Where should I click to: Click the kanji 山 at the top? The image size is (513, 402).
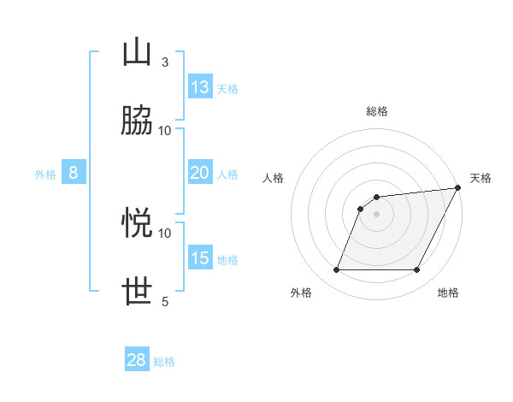coord(138,52)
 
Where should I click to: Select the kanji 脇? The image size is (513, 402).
coord(138,121)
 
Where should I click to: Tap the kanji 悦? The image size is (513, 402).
coord(138,223)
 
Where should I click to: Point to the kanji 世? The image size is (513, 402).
coord(138,292)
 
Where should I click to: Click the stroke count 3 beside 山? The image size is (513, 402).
coord(164,62)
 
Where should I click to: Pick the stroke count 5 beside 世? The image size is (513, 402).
coord(164,301)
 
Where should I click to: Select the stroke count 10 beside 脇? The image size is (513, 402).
coord(165,130)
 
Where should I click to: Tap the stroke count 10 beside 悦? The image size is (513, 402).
coord(165,233)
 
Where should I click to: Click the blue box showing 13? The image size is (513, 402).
coord(200,87)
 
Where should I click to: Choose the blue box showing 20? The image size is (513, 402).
coord(200,173)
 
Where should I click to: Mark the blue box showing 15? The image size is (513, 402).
coord(200,258)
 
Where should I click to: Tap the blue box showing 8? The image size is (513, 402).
coord(74,173)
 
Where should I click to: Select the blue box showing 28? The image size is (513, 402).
coord(137,360)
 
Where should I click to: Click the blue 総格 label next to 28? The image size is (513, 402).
coord(164,362)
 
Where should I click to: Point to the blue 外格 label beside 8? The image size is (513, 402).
coord(45,174)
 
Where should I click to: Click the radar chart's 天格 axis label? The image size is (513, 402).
coord(481,178)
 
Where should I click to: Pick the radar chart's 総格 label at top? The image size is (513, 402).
coord(377,111)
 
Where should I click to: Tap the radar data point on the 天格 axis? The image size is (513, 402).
coord(458,188)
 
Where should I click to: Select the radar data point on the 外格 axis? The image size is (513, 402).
coord(336,270)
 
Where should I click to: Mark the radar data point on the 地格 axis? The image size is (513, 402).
coord(417,270)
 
